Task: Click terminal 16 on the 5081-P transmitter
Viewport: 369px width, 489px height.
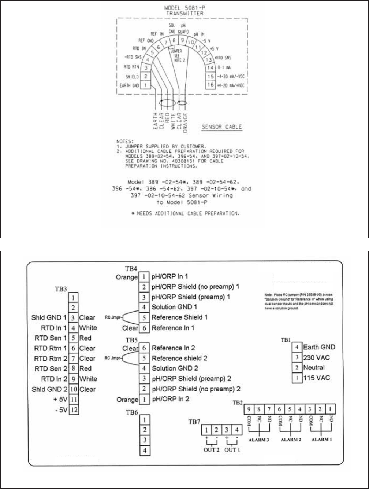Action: pyautogui.click(x=210, y=85)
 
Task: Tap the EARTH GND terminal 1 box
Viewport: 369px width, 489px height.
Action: pyautogui.click(x=145, y=85)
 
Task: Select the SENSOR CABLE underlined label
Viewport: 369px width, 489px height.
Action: pyautogui.click(x=222, y=127)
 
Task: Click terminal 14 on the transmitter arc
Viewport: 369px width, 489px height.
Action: pyautogui.click(x=210, y=67)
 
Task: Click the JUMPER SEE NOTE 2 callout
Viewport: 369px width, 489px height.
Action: pyautogui.click(x=177, y=55)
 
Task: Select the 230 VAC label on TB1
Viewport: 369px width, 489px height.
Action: pyautogui.click(x=316, y=357)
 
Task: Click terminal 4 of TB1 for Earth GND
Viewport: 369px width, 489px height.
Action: pyautogui.click(x=297, y=347)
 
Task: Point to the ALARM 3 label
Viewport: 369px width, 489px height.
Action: pyautogui.click(x=259, y=440)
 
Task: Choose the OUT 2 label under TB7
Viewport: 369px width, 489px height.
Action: pyautogui.click(x=211, y=449)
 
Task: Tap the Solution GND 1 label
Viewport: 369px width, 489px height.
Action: pyautogui.click(x=174, y=307)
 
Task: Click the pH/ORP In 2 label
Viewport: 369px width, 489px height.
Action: pyautogui.click(x=170, y=399)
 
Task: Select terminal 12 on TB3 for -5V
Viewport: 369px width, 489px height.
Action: pyautogui.click(x=74, y=409)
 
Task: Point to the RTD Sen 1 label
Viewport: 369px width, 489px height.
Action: pyautogui.click(x=51, y=338)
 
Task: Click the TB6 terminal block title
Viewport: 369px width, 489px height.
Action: pyautogui.click(x=132, y=412)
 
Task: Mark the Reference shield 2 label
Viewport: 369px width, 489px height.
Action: pyautogui.click(x=179, y=358)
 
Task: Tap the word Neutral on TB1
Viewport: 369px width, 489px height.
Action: pyautogui.click(x=314, y=367)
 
